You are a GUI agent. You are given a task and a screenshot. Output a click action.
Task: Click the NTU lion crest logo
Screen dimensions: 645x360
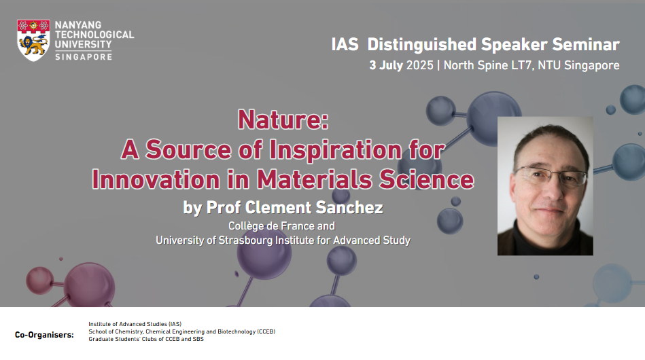coord(33,40)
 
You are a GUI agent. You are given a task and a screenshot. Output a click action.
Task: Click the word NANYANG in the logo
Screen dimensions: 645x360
coord(78,25)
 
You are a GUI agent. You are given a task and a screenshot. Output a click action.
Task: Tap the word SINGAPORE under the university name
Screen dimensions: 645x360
coord(84,56)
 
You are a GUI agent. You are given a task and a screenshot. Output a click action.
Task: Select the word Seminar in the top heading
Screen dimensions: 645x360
coord(586,44)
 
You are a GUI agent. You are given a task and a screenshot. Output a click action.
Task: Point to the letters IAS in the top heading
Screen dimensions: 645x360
coord(345,44)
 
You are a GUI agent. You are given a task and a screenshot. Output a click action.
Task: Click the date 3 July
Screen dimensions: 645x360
coord(386,65)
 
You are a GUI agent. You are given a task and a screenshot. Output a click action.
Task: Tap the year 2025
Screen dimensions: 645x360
coord(419,65)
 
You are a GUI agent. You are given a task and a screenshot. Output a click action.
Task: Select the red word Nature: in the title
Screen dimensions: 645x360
coord(283,120)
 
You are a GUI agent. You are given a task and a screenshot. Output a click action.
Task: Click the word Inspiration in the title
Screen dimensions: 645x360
coord(336,149)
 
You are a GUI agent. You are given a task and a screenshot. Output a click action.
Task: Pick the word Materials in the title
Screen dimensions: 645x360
coord(314,179)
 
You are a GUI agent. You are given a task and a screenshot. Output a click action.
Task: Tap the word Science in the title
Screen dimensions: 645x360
coord(427,179)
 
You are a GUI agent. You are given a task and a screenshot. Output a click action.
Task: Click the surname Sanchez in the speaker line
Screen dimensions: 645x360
coord(349,208)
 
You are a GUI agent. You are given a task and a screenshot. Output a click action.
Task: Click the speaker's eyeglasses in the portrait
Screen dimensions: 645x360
coord(551,177)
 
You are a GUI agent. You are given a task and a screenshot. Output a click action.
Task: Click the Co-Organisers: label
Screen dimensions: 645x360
coord(44,335)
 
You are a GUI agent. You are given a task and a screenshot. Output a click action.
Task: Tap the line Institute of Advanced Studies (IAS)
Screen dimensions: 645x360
coord(135,324)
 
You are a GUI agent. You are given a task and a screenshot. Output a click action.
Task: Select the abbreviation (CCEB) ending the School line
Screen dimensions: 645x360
coord(266,331)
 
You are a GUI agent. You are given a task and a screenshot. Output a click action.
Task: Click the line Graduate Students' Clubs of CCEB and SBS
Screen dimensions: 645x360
coord(146,339)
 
